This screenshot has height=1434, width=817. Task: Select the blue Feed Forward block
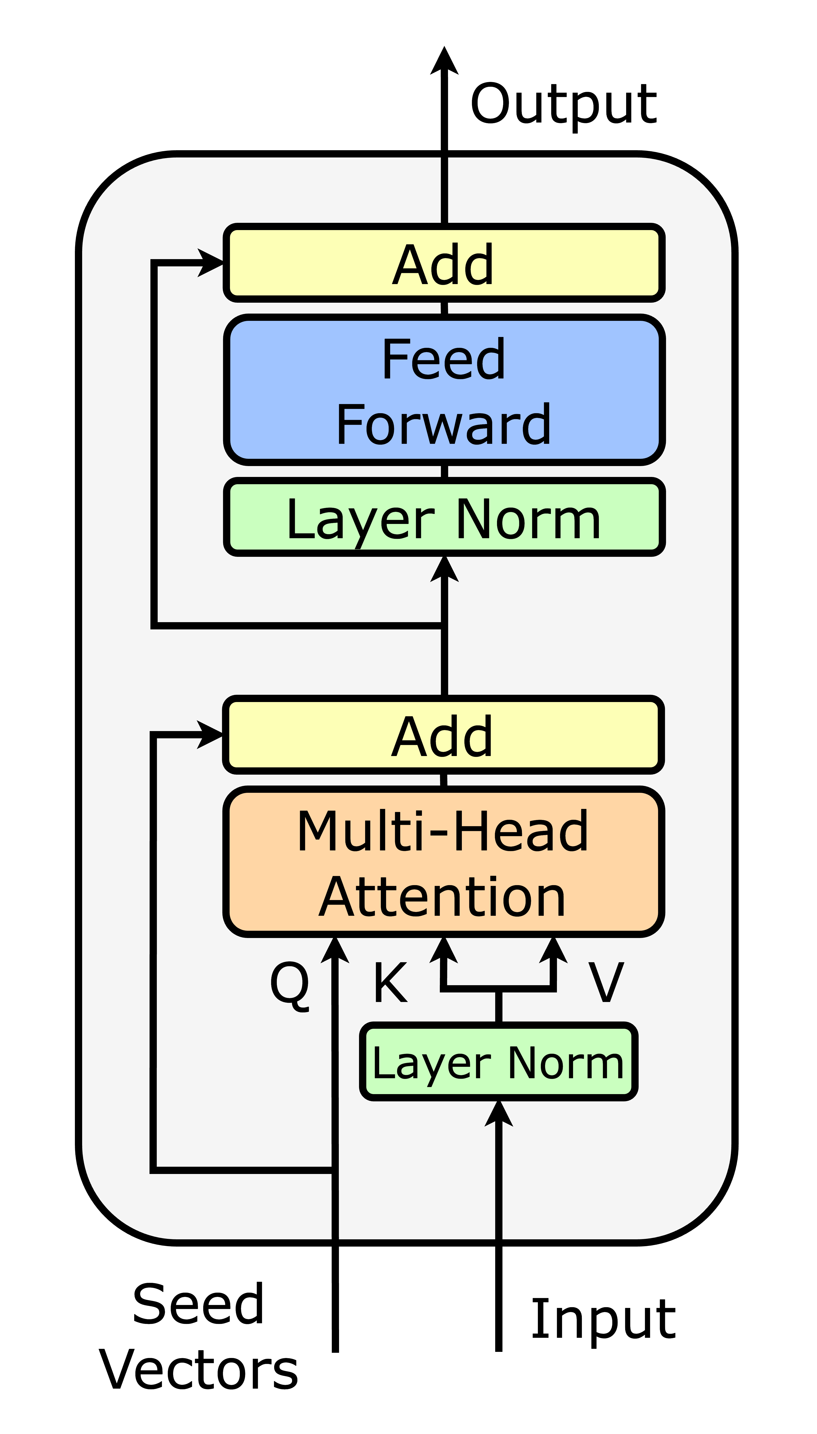444,390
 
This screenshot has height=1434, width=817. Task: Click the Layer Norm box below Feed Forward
444,517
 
